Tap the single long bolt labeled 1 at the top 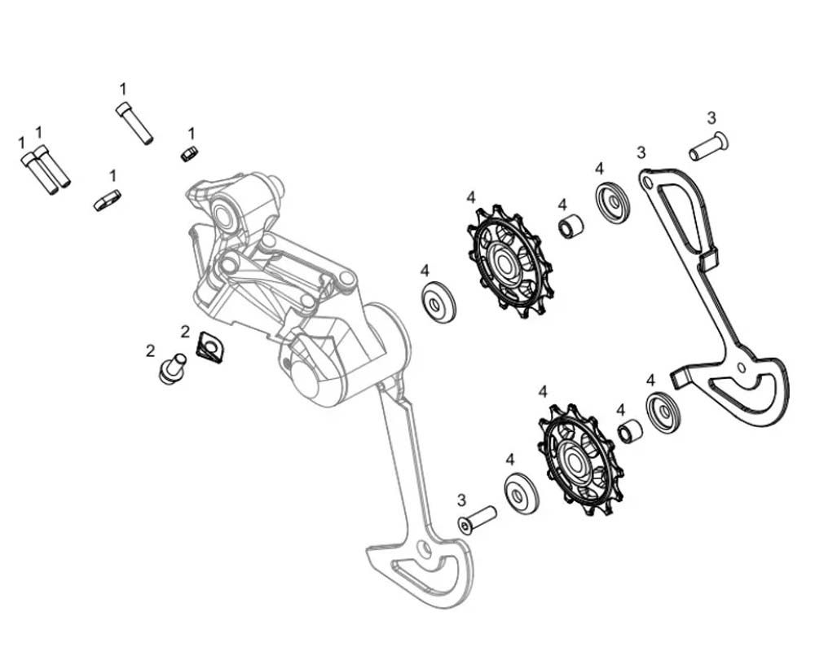click(134, 123)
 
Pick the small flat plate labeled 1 click(107, 200)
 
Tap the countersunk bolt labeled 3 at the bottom click(478, 520)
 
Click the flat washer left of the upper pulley click(438, 303)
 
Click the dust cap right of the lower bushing click(663, 412)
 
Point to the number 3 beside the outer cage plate click(641, 152)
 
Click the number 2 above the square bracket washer click(185, 332)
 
